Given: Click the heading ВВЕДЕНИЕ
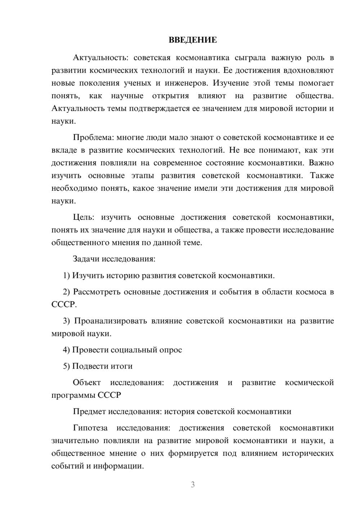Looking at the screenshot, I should coord(193,40).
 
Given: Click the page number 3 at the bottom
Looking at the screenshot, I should coord(193,485).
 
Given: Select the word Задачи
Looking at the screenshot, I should coord(86,259).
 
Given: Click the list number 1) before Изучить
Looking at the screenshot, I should coord(66,276).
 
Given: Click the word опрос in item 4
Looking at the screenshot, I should coord(170,350).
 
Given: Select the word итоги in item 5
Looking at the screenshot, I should coord(123,366).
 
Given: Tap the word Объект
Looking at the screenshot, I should coord(87,382).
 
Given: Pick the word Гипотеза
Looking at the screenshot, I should coord(90,428).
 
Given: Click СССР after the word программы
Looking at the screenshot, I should coord(109,395).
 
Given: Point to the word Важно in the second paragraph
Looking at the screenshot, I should coord(321,163).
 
